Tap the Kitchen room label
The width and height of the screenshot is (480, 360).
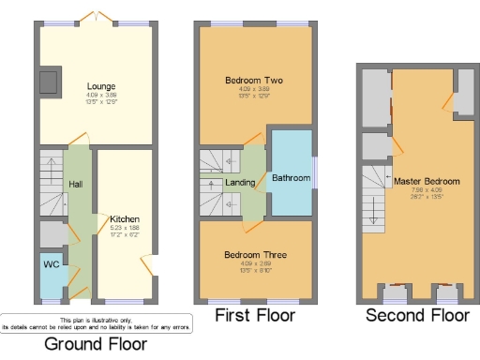125,218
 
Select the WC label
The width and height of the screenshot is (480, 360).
52,264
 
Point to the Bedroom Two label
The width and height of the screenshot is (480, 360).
253,81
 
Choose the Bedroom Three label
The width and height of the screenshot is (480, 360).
255,254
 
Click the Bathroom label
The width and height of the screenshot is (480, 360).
291,177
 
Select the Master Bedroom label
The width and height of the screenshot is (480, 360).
427,181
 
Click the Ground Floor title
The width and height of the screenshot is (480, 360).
96,343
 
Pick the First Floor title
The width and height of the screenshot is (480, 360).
255,315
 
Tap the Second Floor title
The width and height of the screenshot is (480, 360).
417,315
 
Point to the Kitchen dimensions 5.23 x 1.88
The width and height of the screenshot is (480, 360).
125,227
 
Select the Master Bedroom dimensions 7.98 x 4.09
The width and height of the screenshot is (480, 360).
427,190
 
